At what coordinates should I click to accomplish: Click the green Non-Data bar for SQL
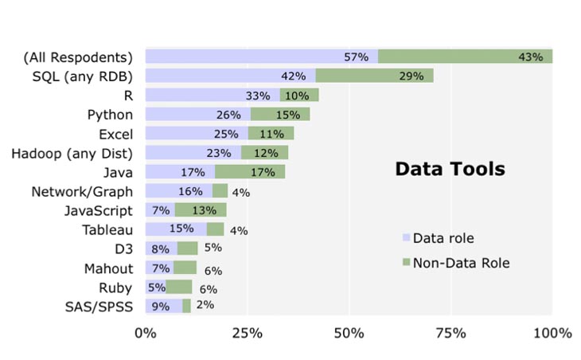coord(374,76)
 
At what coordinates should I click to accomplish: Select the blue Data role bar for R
coord(212,95)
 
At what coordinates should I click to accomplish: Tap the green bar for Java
coord(249,171)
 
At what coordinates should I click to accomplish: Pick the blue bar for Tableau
coord(175,229)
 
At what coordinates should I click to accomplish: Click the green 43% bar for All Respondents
coord(465,57)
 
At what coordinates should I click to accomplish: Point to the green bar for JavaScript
coord(200,210)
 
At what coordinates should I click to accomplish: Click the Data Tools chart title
coord(450,169)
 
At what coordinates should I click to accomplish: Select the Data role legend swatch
coord(407,238)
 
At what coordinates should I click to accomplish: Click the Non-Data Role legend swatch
coord(407,262)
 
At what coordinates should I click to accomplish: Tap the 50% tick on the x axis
coord(349,332)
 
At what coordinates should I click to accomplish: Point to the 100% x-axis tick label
coord(552,332)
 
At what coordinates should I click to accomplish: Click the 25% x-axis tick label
coord(247,332)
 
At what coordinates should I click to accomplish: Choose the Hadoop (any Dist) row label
coord(72,152)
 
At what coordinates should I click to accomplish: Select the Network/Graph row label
coord(81,191)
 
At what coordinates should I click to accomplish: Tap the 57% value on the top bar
coord(356,57)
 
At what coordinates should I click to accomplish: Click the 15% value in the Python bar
coord(287,115)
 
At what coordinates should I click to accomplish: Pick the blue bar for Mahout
coord(158,268)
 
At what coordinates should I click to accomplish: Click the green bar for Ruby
coord(179,287)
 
